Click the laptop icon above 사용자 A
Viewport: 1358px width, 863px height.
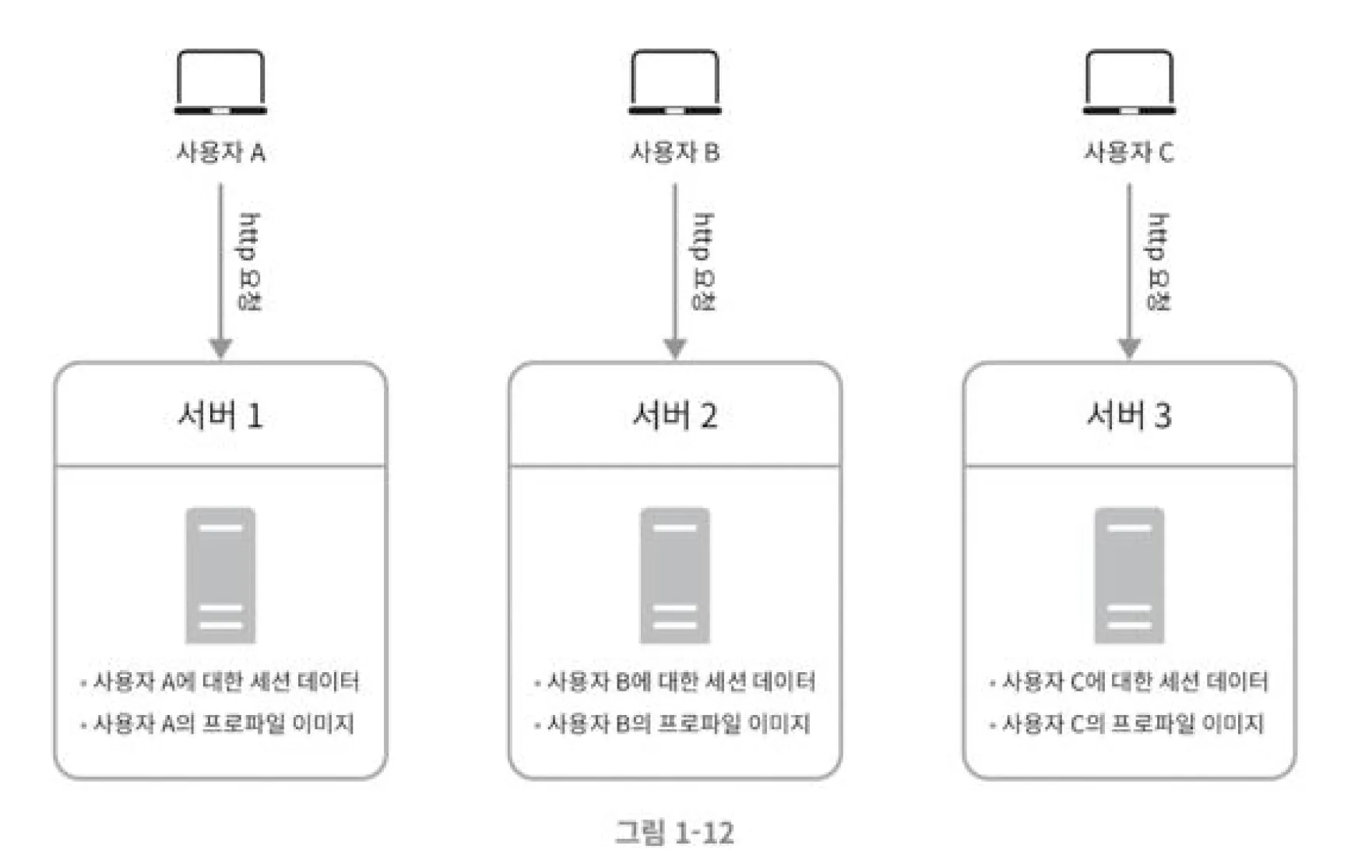click(x=220, y=83)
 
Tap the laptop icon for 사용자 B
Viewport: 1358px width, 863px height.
click(x=674, y=83)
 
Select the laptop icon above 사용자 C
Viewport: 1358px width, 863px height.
click(x=1129, y=83)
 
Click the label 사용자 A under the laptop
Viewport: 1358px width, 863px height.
click(x=220, y=152)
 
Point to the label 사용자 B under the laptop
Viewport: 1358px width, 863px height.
click(x=674, y=152)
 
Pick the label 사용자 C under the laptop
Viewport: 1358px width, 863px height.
click(x=1129, y=152)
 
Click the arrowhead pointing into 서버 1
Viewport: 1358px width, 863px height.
click(x=221, y=347)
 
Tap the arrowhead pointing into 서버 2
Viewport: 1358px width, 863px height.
click(x=675, y=347)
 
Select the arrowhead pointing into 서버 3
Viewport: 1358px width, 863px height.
click(x=1129, y=347)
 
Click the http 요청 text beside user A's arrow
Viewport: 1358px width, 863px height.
click(x=249, y=261)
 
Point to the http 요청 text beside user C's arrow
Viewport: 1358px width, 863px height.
click(x=1158, y=261)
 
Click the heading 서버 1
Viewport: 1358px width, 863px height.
click(x=220, y=416)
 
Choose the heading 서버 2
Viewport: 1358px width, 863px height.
click(x=674, y=416)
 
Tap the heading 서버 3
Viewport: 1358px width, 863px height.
click(x=1129, y=416)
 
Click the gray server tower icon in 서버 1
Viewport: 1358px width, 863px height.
click(x=220, y=576)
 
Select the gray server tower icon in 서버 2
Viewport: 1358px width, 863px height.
click(x=674, y=576)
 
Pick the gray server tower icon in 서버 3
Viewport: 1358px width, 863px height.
click(x=1129, y=576)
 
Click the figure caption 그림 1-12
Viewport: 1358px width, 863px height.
click(x=674, y=833)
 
